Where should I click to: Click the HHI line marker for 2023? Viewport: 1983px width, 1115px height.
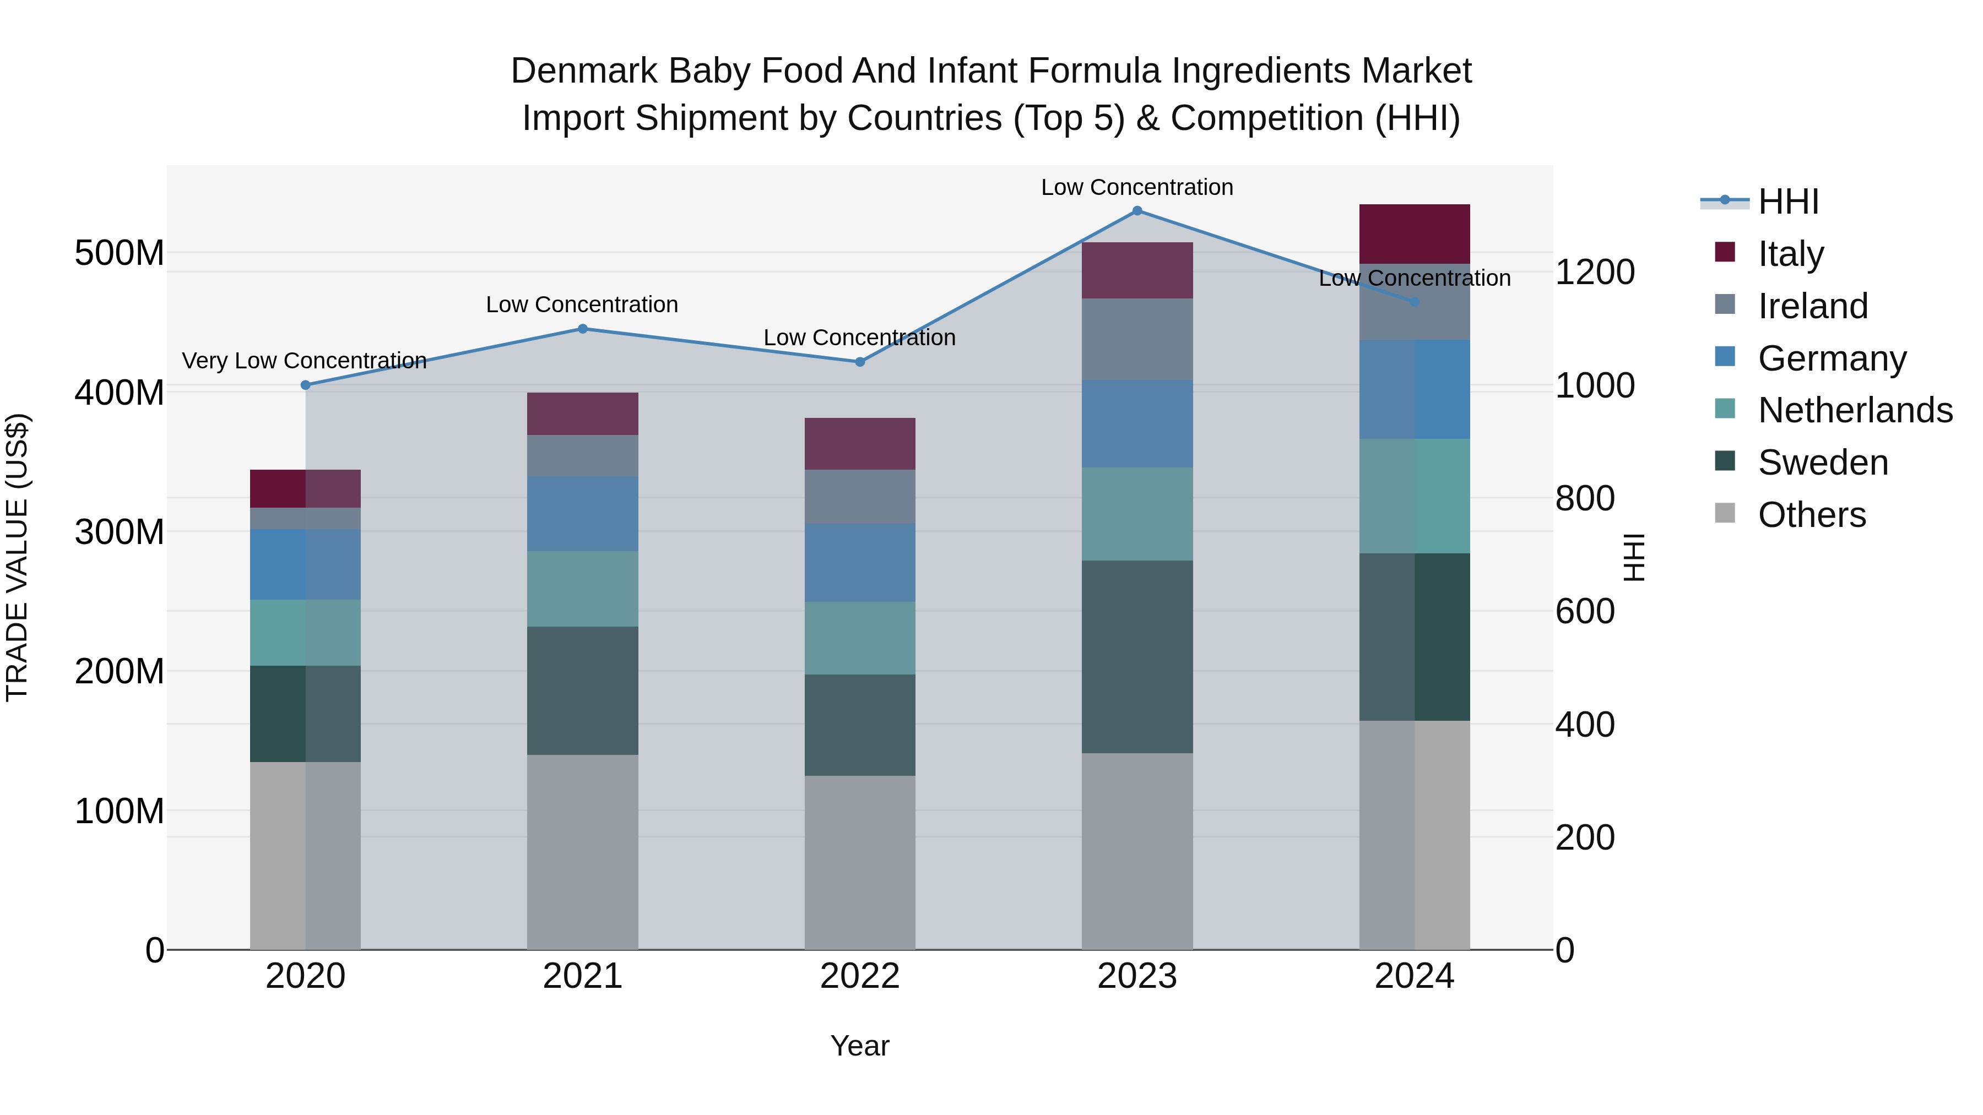pyautogui.click(x=1137, y=211)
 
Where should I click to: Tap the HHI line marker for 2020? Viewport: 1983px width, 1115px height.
pyautogui.click(x=306, y=385)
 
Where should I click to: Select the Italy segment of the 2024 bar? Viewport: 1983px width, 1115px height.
pyautogui.click(x=1414, y=234)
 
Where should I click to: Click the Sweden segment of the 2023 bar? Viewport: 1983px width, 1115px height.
pyautogui.click(x=1137, y=656)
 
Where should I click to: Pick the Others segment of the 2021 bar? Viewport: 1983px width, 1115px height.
pyautogui.click(x=583, y=852)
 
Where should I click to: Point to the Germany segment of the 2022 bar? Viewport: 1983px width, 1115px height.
pyautogui.click(x=860, y=563)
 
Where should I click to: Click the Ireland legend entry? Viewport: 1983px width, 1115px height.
pyautogui.click(x=1812, y=306)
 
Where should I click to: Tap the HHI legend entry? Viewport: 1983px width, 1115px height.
pyautogui.click(x=1787, y=202)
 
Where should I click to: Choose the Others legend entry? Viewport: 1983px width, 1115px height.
pyautogui.click(x=1811, y=515)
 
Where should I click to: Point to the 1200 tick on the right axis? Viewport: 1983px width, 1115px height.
pyautogui.click(x=1594, y=273)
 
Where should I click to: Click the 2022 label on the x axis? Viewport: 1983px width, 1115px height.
pyautogui.click(x=860, y=976)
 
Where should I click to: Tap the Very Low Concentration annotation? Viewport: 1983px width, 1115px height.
pyautogui.click(x=304, y=360)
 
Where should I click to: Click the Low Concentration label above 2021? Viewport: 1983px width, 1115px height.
pyautogui.click(x=582, y=304)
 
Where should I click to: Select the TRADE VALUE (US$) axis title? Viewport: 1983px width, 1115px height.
pyautogui.click(x=17, y=557)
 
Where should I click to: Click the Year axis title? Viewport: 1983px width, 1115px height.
pyautogui.click(x=860, y=1046)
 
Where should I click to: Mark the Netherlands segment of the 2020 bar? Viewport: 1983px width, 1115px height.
pyautogui.click(x=306, y=633)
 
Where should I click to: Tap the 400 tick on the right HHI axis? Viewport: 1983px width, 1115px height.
pyautogui.click(x=1584, y=725)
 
